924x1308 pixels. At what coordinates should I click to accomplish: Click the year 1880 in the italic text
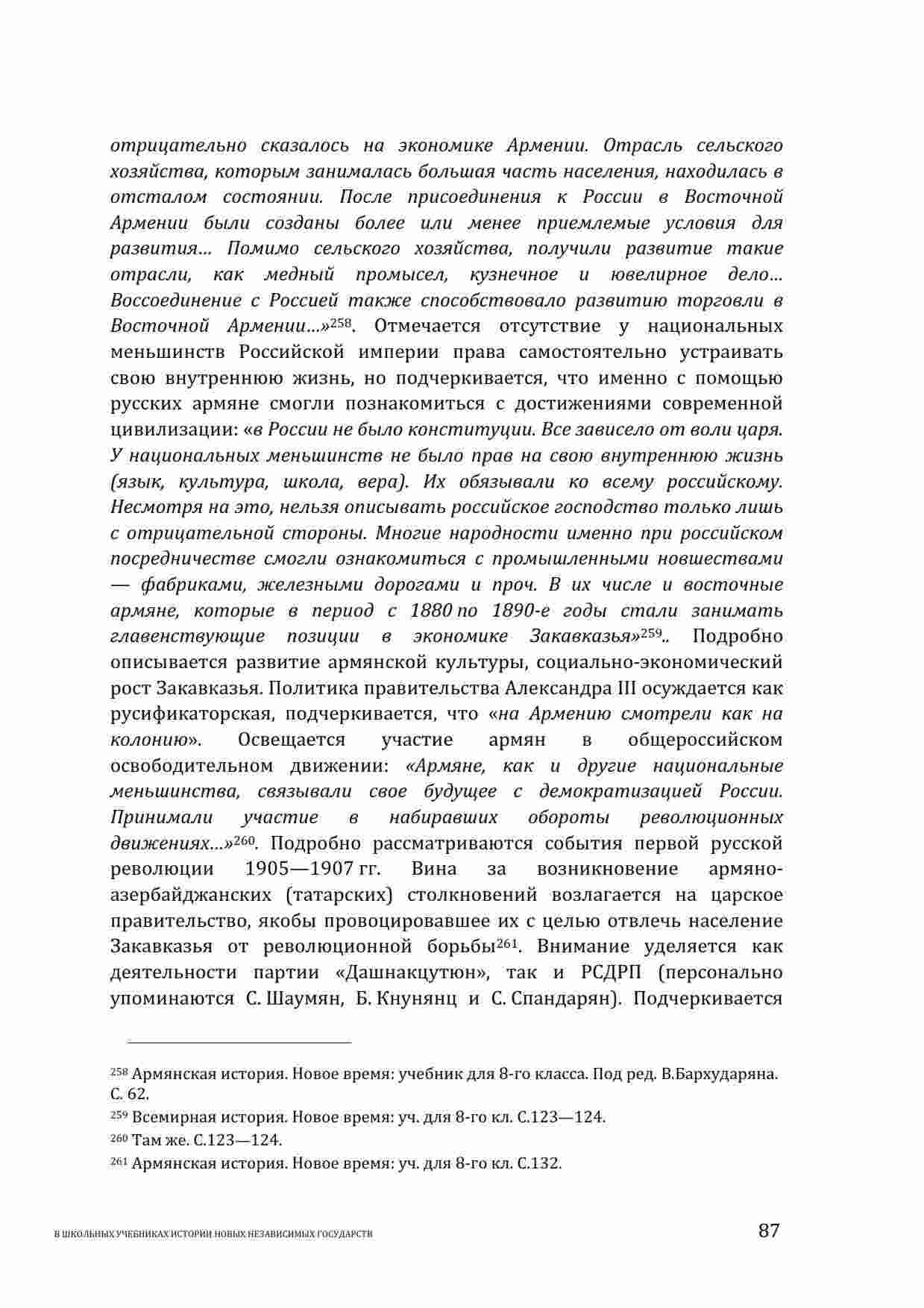click(x=432, y=611)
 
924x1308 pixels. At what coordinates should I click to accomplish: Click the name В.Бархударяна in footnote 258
click(x=714, y=1075)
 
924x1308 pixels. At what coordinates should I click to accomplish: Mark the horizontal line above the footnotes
click(x=239, y=1043)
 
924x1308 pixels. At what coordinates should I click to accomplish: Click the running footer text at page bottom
click(x=215, y=1234)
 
